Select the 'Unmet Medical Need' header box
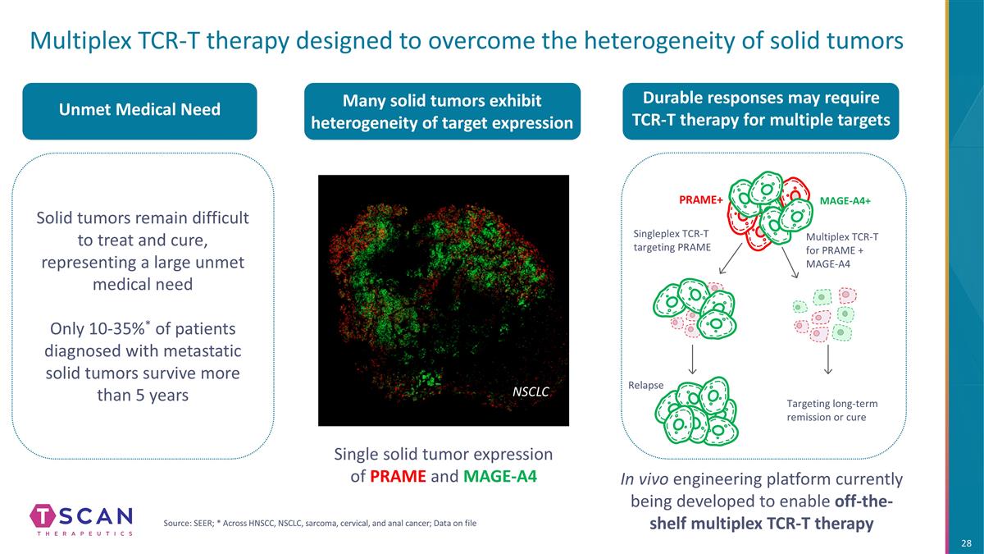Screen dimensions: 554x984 [139, 110]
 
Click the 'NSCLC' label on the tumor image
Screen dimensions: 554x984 [531, 392]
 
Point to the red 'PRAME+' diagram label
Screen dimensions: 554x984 [699, 199]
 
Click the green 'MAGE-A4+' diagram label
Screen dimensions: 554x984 [845, 200]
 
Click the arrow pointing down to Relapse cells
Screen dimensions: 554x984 [693, 357]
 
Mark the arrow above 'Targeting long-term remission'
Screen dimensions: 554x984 [828, 358]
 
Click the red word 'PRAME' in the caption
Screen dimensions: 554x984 [396, 476]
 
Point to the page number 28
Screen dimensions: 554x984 [966, 544]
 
